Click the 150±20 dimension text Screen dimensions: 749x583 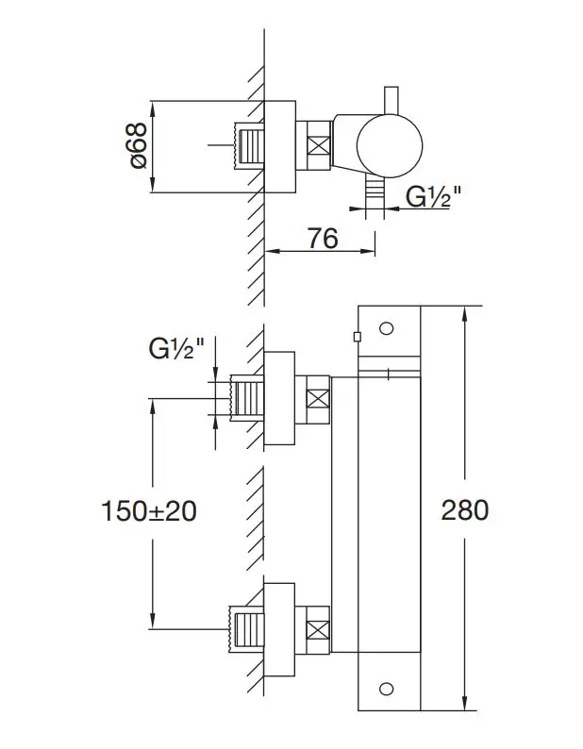148,510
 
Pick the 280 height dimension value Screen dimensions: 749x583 465,510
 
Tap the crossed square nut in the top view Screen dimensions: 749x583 318,148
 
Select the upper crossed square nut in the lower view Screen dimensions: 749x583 318,398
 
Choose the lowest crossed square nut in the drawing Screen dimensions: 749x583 318,630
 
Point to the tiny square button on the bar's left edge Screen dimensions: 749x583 355,336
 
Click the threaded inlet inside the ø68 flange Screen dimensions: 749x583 247,146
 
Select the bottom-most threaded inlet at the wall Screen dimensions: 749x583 247,629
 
